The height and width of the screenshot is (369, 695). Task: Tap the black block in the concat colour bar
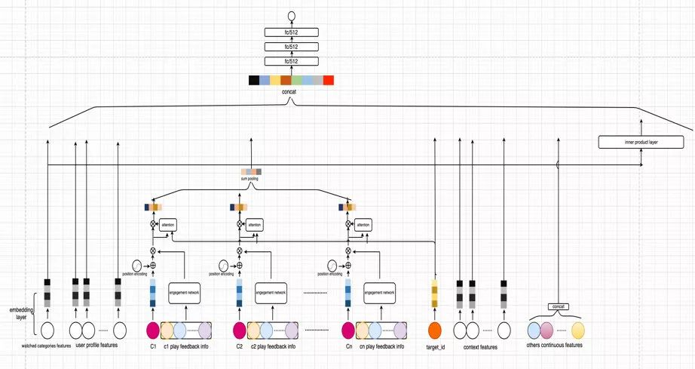[254, 80]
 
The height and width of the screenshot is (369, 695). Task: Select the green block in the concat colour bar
[297, 80]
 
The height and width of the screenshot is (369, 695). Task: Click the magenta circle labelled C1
[153, 330]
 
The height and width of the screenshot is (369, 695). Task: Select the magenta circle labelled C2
[240, 330]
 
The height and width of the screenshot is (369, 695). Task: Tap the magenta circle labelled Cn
[348, 330]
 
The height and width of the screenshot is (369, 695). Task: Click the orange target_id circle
[434, 330]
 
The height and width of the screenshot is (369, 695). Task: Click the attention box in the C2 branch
[255, 225]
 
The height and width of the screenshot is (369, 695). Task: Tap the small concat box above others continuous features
[558, 306]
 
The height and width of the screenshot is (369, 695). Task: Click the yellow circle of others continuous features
[578, 330]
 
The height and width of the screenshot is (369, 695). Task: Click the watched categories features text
[47, 346]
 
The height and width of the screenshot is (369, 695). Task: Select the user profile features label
[96, 345]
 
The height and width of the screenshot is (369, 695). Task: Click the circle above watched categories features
[47, 330]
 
